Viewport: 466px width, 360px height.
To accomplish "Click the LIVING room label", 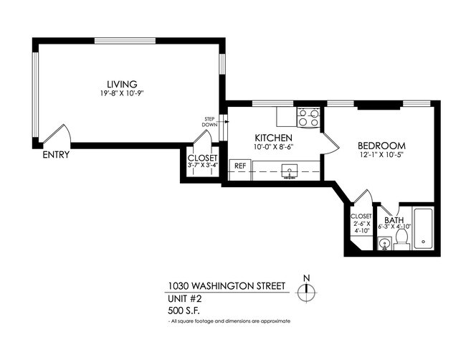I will point(122,84).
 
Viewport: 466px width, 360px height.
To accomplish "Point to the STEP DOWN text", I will point(210,121).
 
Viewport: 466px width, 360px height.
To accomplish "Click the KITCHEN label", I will point(273,138).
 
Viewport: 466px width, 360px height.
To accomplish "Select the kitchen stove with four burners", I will point(308,117).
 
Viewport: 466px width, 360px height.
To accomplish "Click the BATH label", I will point(393,220).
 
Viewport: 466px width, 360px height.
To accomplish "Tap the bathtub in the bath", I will point(424,229).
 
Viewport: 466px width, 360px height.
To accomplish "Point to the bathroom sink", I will point(385,245).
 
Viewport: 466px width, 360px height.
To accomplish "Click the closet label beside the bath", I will point(361,223).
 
